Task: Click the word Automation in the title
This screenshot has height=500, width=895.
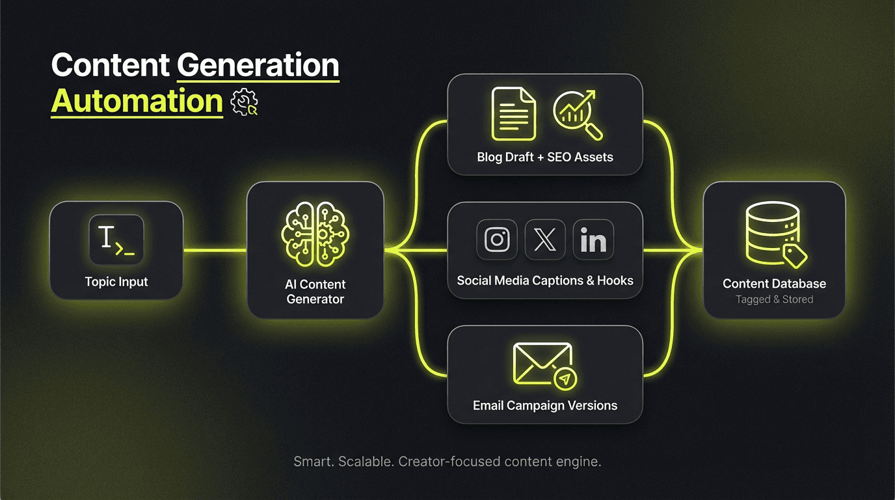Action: click(x=137, y=102)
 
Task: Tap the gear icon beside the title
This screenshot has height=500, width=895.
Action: click(x=245, y=102)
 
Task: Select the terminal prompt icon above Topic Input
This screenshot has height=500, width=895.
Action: click(x=116, y=240)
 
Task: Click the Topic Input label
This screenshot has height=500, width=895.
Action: click(x=116, y=282)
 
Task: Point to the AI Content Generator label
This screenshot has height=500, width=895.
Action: click(x=315, y=292)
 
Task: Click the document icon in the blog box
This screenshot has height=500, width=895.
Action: click(x=513, y=115)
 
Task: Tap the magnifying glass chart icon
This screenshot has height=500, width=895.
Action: click(x=576, y=115)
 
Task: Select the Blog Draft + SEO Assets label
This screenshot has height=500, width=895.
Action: click(x=545, y=157)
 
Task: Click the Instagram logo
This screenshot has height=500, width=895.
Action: click(x=497, y=240)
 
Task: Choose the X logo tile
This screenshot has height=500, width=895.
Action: click(x=545, y=240)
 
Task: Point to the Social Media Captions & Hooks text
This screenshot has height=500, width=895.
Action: click(x=545, y=281)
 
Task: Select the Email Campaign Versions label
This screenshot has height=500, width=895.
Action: click(x=545, y=406)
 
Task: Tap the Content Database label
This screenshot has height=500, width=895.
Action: click(x=774, y=284)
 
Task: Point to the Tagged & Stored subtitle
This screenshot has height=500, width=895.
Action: click(x=774, y=299)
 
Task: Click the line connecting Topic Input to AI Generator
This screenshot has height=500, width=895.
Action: click(x=215, y=250)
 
